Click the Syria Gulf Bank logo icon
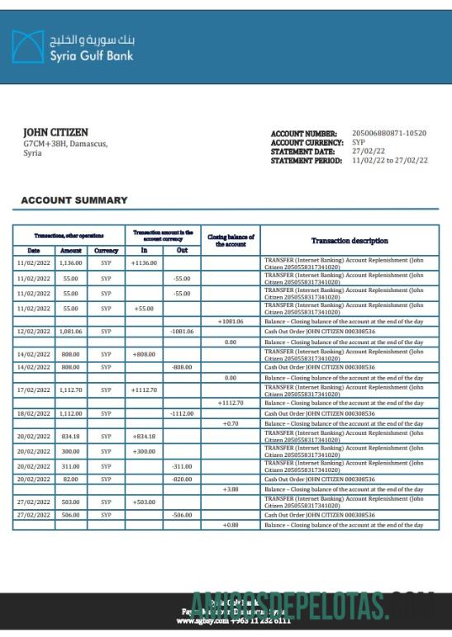[27, 47]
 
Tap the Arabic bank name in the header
[92, 39]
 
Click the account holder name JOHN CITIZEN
[55, 132]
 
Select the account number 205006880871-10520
[389, 133]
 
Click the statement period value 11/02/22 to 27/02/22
[390, 161]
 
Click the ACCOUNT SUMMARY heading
[74, 201]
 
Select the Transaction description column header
[349, 241]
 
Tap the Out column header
[182, 250]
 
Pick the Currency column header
[106, 250]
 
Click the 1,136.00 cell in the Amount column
[71, 263]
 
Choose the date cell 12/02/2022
[34, 331]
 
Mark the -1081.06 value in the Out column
[182, 331]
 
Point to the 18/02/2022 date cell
[34, 413]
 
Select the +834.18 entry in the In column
[144, 436]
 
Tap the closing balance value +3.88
[230, 489]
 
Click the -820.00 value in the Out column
[182, 479]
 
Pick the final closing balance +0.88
[230, 525]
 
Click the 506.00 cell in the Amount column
[71, 514]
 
